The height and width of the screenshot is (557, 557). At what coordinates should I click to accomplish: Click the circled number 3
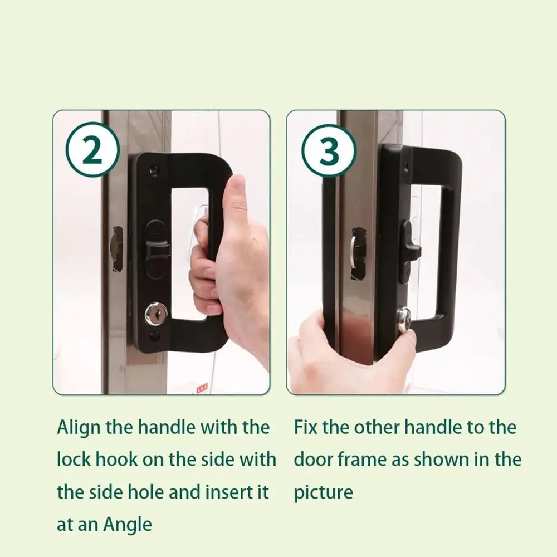[x=329, y=151]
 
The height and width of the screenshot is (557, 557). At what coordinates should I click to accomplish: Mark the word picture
[x=323, y=493]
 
